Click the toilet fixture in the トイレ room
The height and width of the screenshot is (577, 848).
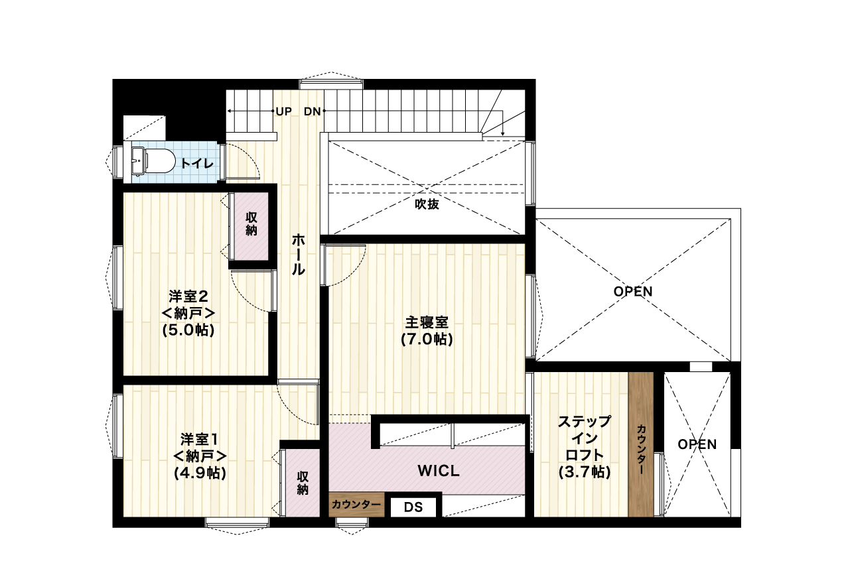click(153, 162)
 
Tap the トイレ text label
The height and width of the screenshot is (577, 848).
click(197, 163)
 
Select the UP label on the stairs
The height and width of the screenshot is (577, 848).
click(283, 111)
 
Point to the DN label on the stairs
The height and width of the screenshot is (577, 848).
click(313, 111)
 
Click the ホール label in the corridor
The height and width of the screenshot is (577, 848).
click(299, 254)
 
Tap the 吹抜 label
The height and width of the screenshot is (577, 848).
click(427, 204)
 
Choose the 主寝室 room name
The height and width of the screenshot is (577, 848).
click(427, 322)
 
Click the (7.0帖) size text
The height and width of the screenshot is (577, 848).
click(427, 340)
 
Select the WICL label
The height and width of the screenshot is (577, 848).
click(439, 471)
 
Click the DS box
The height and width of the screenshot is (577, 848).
click(413, 507)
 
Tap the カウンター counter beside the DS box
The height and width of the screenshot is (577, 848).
click(356, 504)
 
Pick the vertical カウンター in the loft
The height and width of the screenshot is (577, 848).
click(641, 444)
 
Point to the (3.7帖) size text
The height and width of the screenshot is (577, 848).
click(585, 472)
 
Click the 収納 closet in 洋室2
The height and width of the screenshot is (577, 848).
click(251, 226)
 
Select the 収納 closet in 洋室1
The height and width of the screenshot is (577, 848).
click(303, 483)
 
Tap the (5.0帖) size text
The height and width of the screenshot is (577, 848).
click(188, 330)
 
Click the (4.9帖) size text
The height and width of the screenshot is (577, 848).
click(200, 473)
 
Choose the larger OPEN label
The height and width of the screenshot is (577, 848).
click(633, 291)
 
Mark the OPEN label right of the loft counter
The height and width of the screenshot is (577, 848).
click(697, 444)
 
